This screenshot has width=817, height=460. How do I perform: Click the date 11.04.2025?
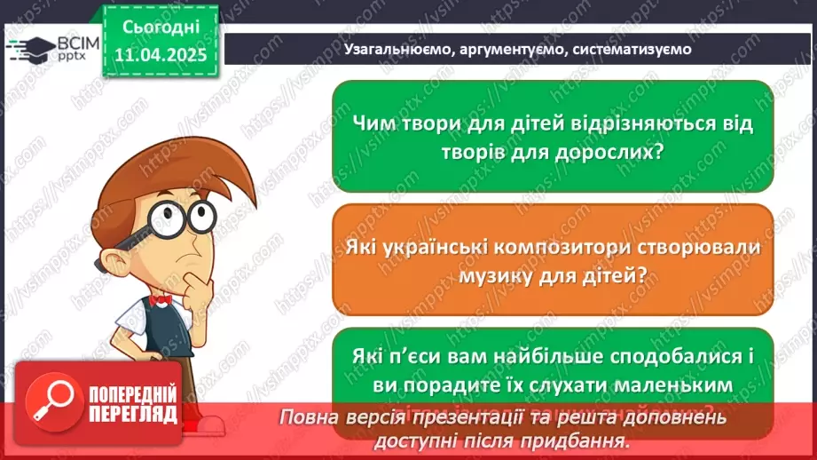pos(160,54)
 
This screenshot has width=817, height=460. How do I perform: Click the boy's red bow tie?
pos(161,300)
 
